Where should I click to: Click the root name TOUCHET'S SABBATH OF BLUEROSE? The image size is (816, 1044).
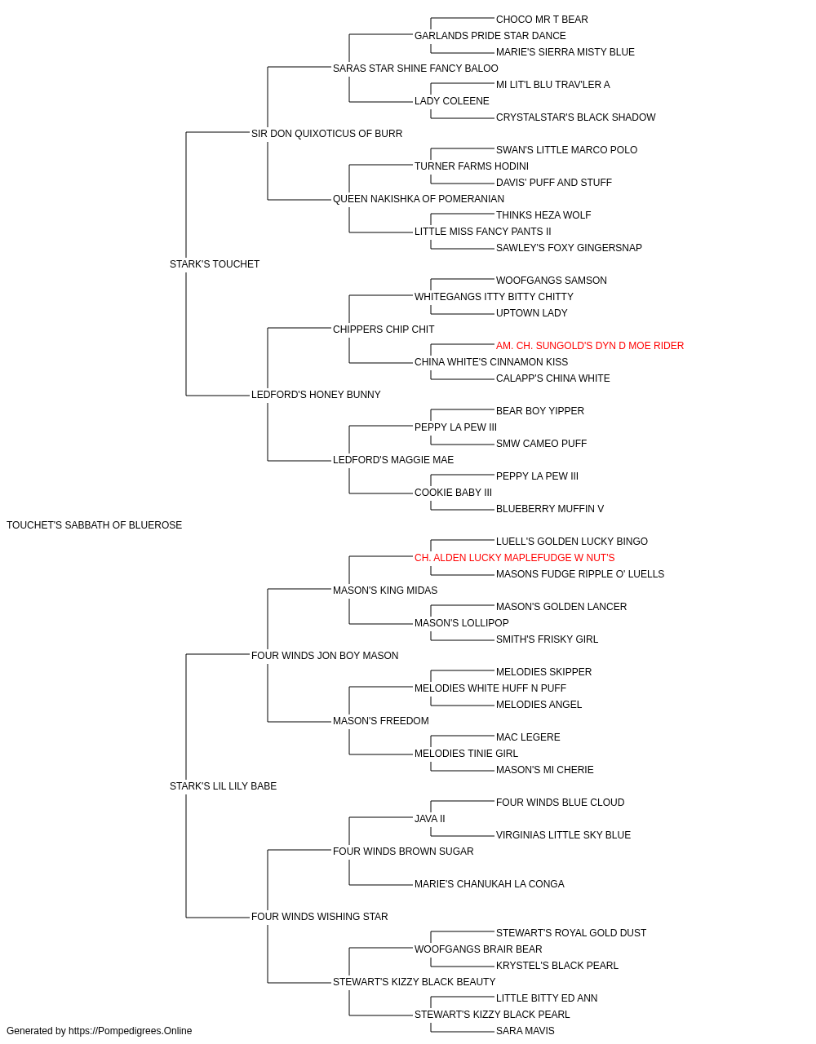94,525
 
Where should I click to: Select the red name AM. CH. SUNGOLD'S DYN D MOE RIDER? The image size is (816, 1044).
590,346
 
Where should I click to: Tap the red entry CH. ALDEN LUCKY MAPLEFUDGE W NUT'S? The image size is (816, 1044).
514,557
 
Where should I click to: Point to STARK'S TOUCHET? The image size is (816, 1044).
215,263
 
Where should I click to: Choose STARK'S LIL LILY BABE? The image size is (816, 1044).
223,786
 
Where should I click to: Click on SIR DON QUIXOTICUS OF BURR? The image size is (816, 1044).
326,134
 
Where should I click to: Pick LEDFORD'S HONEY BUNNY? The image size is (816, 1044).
316,395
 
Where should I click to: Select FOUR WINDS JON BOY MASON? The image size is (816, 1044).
325,655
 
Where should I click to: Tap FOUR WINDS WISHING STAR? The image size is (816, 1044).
320,916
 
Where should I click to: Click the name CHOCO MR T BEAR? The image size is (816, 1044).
542,20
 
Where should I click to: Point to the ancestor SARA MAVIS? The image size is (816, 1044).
526,1031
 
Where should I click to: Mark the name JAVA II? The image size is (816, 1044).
430,818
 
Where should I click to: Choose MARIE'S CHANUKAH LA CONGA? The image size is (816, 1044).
490,883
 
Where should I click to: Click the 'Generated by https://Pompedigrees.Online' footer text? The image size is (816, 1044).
99,1031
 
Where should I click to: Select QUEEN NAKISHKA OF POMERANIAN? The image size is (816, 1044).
419,198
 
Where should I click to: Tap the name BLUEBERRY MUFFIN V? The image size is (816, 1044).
550,508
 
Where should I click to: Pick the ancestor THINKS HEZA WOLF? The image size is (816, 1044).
543,215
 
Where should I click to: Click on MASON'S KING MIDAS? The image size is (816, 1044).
385,590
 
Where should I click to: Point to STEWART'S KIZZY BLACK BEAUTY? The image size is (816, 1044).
415,981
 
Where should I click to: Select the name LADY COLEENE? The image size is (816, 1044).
452,101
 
